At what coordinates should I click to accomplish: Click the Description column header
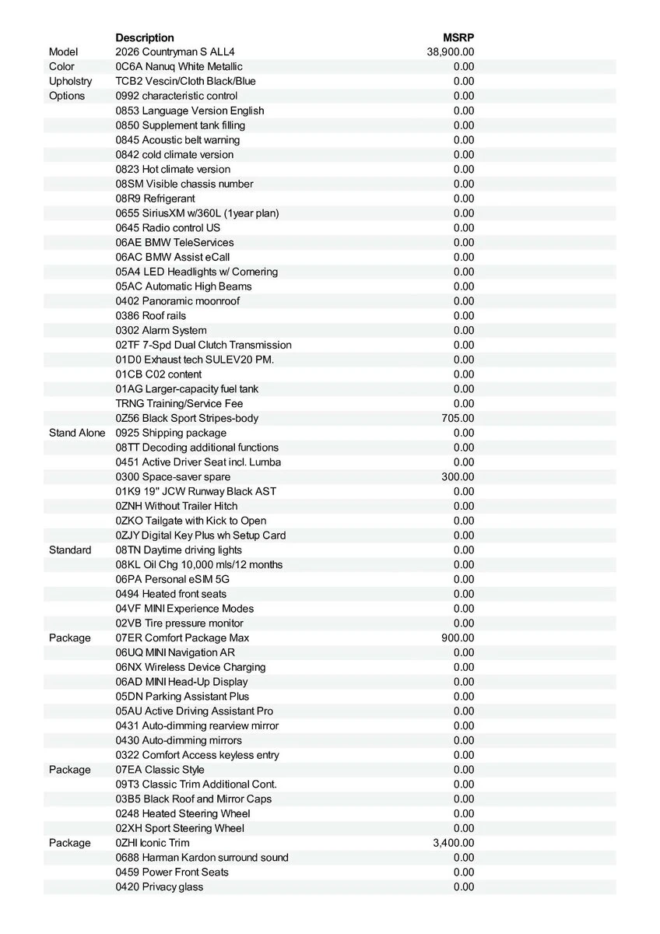point(145,37)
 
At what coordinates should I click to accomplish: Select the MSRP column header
point(458,37)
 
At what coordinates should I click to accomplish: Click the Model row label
point(63,52)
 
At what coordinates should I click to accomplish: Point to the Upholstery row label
point(70,81)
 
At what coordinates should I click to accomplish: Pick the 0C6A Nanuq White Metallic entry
point(179,67)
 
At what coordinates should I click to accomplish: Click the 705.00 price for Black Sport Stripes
point(458,418)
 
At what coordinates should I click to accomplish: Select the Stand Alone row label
point(77,433)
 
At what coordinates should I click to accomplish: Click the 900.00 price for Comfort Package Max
point(458,637)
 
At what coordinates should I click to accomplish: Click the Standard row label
point(70,550)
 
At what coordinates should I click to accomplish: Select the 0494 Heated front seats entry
point(171,594)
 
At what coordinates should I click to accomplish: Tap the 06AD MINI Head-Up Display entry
point(182,682)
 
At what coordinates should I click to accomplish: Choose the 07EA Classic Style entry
point(160,770)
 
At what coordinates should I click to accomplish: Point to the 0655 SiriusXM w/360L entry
point(197,213)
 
